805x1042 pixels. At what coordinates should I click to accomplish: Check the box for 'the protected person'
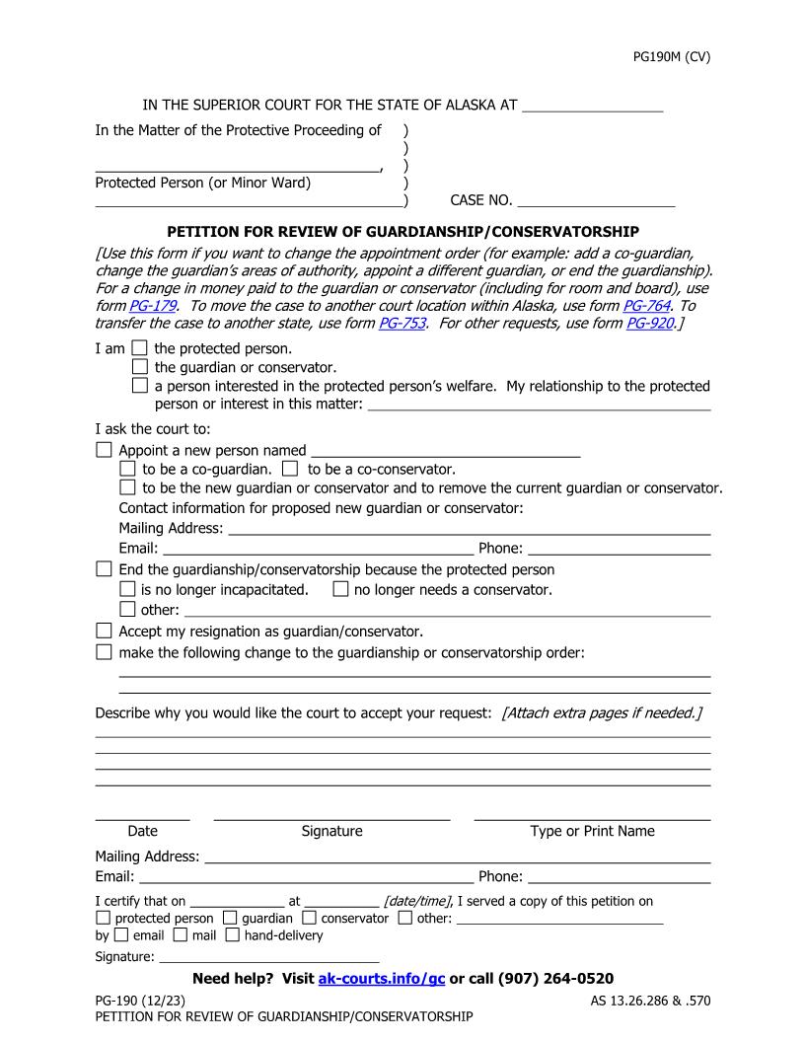pyautogui.click(x=139, y=348)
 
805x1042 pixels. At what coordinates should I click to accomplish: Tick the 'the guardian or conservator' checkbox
pyautogui.click(x=139, y=367)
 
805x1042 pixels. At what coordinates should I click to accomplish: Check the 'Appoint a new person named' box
pyautogui.click(x=104, y=450)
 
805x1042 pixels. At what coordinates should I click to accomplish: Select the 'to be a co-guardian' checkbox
pyautogui.click(x=127, y=469)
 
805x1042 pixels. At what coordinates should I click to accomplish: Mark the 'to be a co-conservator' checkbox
pyautogui.click(x=290, y=469)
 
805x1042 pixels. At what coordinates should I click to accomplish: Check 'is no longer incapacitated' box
pyautogui.click(x=127, y=590)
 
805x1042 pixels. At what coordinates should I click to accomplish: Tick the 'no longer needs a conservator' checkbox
pyautogui.click(x=340, y=590)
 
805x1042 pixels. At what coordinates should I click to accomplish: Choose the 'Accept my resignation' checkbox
pyautogui.click(x=104, y=631)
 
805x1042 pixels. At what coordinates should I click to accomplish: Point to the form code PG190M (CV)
pyautogui.click(x=671, y=56)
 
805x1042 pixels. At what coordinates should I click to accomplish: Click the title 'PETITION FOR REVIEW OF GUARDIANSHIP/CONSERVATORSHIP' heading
pyautogui.click(x=402, y=232)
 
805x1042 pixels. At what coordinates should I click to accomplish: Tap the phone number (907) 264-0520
pyautogui.click(x=556, y=978)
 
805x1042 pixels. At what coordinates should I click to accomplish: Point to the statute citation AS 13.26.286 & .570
pyautogui.click(x=643, y=1001)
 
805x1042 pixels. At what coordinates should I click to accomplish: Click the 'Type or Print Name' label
pyautogui.click(x=592, y=831)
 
